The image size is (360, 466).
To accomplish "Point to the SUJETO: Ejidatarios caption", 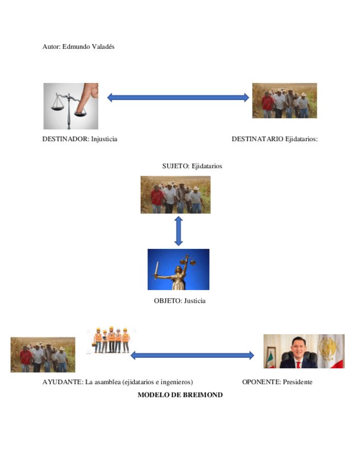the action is click(192, 166).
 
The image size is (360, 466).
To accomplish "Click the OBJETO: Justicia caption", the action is click(180, 301).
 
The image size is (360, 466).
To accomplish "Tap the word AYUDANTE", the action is click(62, 382).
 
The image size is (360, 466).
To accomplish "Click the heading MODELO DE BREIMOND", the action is click(180, 395).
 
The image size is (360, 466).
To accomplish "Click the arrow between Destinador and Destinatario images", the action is click(178, 98).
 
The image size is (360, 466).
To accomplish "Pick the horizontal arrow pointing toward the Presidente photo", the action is click(192, 356).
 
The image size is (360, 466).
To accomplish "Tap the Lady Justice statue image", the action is click(178, 269).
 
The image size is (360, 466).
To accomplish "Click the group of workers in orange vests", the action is click(111, 340).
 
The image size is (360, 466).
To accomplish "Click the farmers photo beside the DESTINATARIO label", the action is click(284, 101).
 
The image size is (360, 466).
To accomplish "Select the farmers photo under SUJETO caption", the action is click(175, 195).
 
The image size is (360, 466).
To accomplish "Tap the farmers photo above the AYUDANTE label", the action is click(43, 354).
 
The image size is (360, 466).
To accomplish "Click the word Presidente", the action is click(297, 382).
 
